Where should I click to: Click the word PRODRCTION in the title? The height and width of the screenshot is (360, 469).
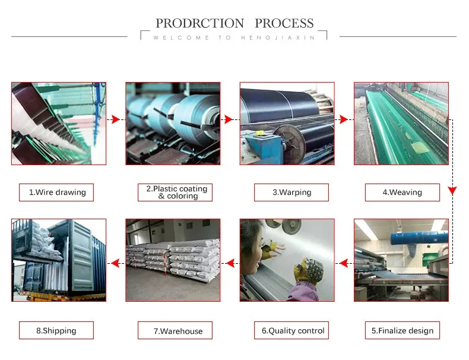199,24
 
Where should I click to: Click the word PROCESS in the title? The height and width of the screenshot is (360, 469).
284,24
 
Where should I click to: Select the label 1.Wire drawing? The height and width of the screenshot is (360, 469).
57,192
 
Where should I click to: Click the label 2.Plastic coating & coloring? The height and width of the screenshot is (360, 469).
177,192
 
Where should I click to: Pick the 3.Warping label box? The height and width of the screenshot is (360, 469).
291,192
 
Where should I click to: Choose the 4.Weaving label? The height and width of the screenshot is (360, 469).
402,192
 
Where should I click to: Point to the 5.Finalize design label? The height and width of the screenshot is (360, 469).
402,330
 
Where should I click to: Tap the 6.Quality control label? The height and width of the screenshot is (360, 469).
293,330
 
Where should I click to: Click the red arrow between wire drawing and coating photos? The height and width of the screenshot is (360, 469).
116,120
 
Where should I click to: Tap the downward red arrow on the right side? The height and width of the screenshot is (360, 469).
452,191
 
